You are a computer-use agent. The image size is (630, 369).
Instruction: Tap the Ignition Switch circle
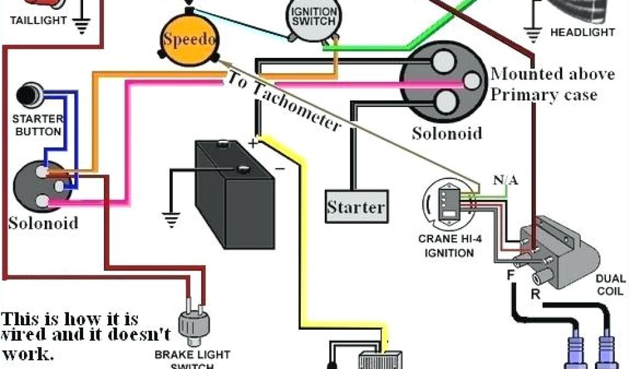coord(313,20)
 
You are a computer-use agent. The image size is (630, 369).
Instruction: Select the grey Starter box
coord(356,207)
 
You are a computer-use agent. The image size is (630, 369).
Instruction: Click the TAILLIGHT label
coord(38,20)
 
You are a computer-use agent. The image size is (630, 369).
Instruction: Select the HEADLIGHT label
coord(582,32)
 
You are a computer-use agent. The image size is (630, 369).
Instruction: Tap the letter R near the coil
coord(535,293)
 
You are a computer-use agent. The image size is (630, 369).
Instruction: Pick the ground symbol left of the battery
coord(170,218)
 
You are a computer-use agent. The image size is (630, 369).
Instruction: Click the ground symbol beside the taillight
coord(81,26)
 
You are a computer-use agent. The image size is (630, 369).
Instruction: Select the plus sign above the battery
coord(252,143)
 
